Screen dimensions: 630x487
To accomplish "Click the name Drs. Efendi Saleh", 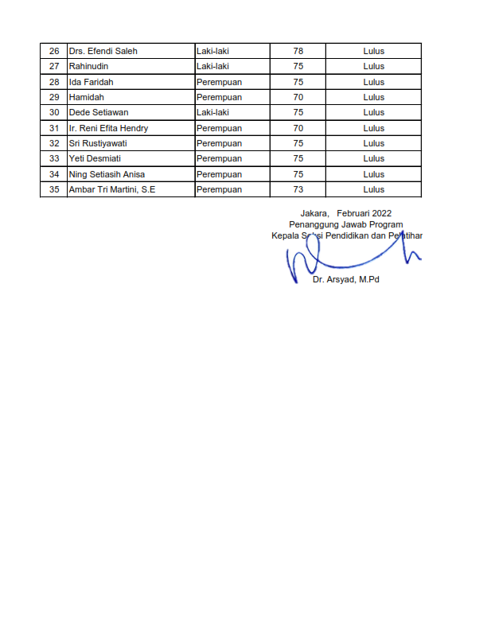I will click(x=103, y=51).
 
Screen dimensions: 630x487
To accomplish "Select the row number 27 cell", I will click(x=54, y=67).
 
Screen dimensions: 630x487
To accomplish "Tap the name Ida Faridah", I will click(x=92, y=82).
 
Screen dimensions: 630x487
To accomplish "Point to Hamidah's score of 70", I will click(x=298, y=97).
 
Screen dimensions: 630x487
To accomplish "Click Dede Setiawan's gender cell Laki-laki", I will click(x=212, y=112).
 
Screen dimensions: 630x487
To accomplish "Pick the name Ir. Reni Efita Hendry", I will click(x=108, y=128).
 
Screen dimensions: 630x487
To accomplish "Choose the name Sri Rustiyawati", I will click(x=98, y=143).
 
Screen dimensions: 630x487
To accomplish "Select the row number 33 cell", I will click(x=54, y=158).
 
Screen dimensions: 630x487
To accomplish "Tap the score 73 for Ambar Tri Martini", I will click(x=298, y=189).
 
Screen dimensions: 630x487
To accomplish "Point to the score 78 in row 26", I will click(x=298, y=51).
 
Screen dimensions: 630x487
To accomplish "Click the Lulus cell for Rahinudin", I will click(x=373, y=67).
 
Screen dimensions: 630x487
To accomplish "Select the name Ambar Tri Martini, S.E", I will click(x=112, y=189).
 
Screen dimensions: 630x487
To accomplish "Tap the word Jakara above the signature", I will click(x=314, y=213).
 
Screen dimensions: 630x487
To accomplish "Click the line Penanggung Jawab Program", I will click(x=345, y=224).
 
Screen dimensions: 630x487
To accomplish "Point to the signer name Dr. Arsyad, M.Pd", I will click(x=346, y=280).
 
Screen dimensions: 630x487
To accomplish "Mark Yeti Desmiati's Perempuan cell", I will click(x=219, y=158).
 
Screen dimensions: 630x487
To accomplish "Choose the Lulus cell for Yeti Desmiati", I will click(x=373, y=158).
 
